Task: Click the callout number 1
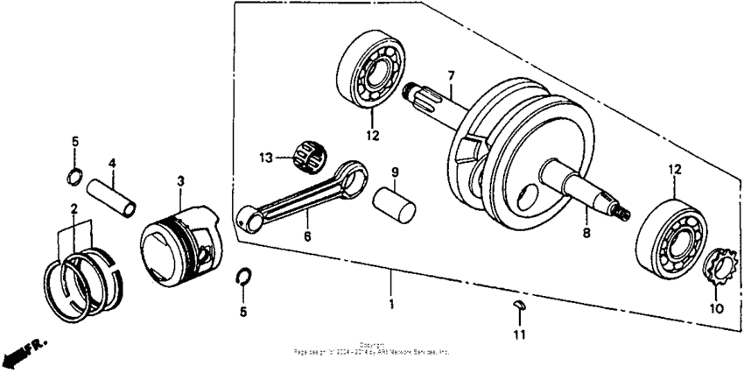tap(391, 305)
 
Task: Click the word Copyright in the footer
tap(371, 344)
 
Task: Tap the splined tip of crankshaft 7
tap(414, 90)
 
